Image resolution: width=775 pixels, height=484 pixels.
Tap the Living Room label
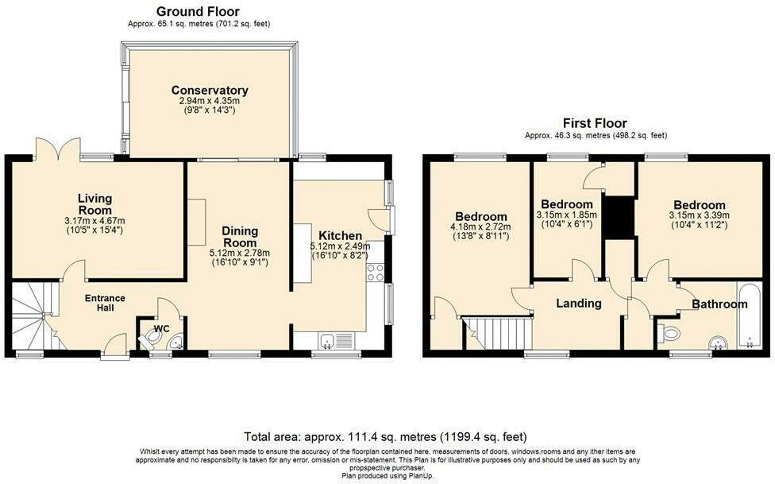pyautogui.click(x=94, y=203)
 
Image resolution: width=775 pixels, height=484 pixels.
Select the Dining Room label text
pyautogui.click(x=239, y=236)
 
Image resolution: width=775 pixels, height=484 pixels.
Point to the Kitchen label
pyautogui.click(x=340, y=236)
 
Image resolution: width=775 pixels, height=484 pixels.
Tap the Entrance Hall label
pyautogui.click(x=106, y=304)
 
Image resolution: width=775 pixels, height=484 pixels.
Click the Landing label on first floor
pyautogui.click(x=578, y=303)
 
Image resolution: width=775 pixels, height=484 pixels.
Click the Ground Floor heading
pyautogui.click(x=198, y=11)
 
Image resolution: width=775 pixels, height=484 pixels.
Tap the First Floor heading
pyautogui.click(x=595, y=123)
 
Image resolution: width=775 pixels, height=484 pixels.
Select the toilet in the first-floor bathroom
pyautogui.click(x=669, y=332)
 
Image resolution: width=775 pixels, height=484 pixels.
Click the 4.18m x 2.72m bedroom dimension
pyautogui.click(x=481, y=227)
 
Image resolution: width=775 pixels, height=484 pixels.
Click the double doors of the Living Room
pyautogui.click(x=58, y=148)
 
